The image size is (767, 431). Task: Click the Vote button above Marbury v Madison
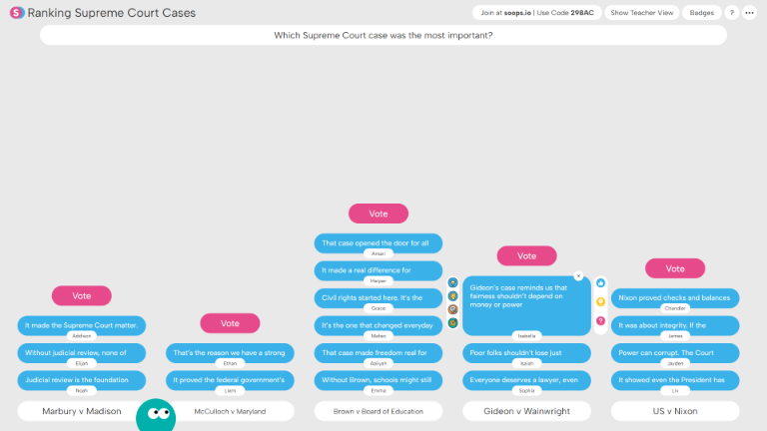pyautogui.click(x=82, y=295)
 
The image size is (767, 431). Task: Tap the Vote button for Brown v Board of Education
pyautogui.click(x=379, y=214)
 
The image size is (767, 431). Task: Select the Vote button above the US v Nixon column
pyautogui.click(x=675, y=268)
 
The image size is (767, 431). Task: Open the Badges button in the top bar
pyautogui.click(x=702, y=13)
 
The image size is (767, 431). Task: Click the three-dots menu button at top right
pyautogui.click(x=750, y=13)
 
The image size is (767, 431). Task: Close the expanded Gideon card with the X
pyautogui.click(x=578, y=276)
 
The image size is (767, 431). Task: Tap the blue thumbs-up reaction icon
pyautogui.click(x=600, y=283)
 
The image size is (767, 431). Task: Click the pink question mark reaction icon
pyautogui.click(x=600, y=320)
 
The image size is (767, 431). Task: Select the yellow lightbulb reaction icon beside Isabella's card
pyautogui.click(x=600, y=301)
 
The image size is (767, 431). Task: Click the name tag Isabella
pyautogui.click(x=527, y=335)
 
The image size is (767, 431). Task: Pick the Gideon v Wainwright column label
pyautogui.click(x=527, y=411)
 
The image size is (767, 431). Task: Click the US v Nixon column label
pyautogui.click(x=675, y=411)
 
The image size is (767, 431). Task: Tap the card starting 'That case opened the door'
pyautogui.click(x=379, y=242)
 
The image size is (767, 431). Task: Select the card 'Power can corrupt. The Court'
pyautogui.click(x=675, y=352)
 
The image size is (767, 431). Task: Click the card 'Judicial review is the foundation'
pyautogui.click(x=82, y=379)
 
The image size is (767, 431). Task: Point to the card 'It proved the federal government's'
pyautogui.click(x=230, y=379)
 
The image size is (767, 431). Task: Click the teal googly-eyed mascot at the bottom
pyautogui.click(x=155, y=415)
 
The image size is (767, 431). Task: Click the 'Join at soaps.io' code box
pyautogui.click(x=536, y=13)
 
